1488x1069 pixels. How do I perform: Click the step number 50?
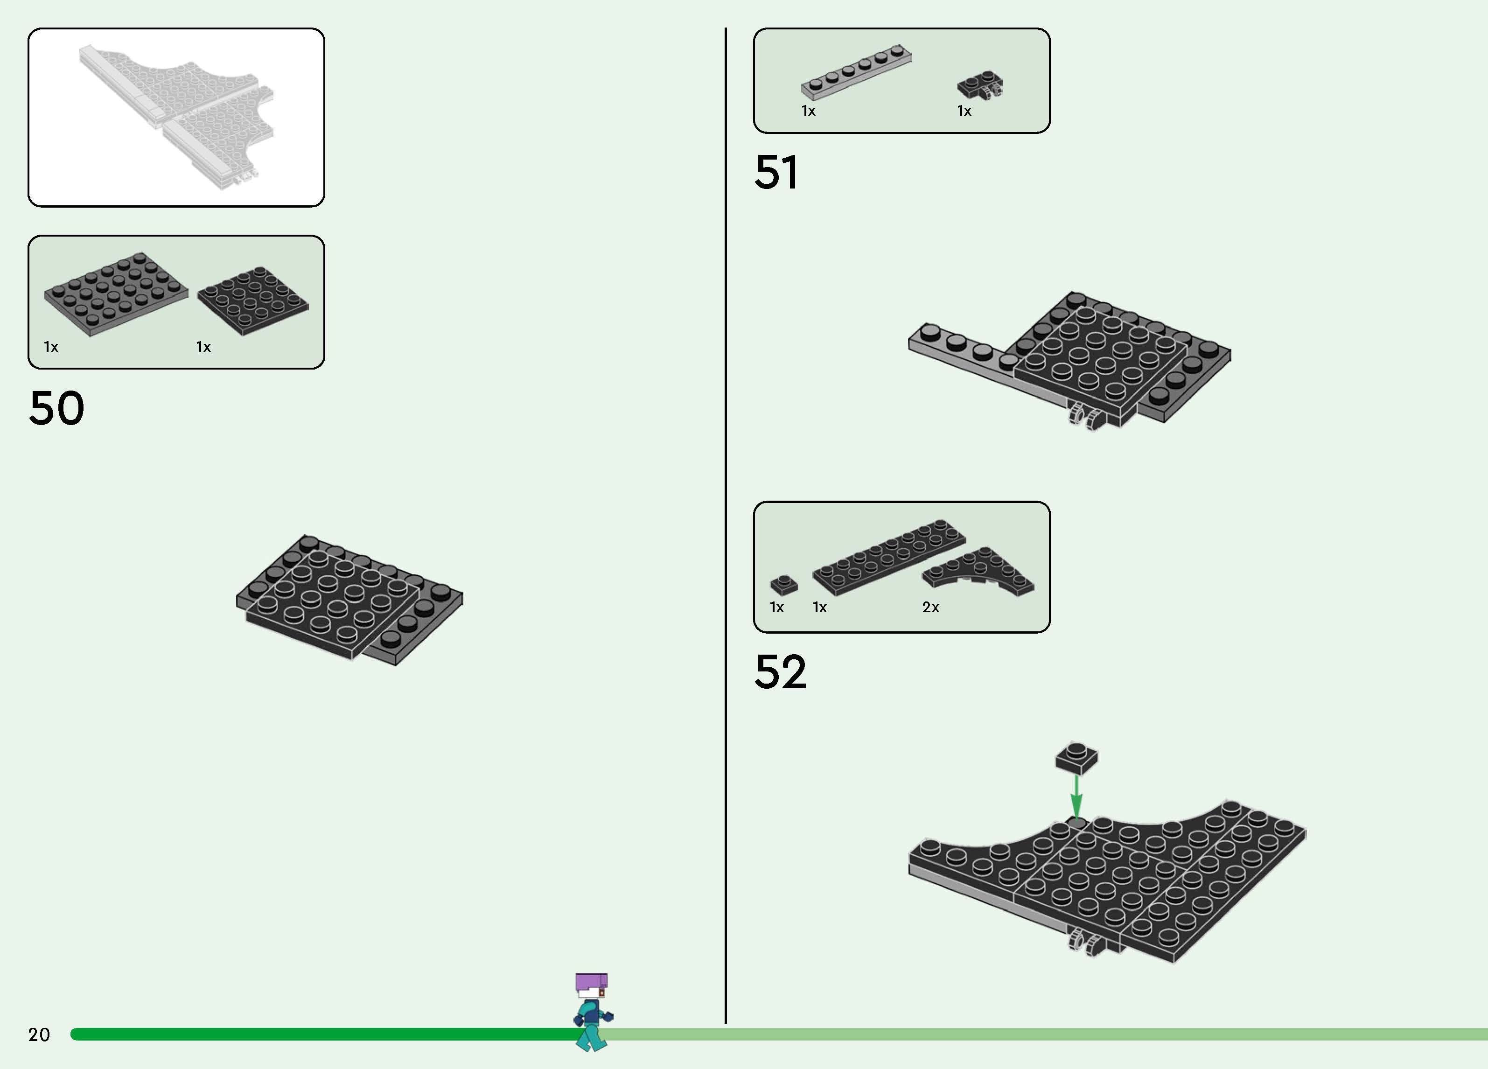56,408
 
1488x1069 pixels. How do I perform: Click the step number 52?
780,671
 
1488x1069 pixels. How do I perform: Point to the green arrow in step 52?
1076,796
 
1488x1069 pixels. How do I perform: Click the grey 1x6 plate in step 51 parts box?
856,72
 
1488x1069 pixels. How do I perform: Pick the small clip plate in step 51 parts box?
980,86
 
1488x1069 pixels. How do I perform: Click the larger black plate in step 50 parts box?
115,293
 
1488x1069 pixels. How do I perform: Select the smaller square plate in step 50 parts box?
252,300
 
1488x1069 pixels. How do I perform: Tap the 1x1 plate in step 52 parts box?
783,584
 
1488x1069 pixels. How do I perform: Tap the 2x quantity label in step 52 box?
930,608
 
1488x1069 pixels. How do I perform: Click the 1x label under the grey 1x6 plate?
808,111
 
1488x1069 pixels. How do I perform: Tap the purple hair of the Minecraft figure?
591,982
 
